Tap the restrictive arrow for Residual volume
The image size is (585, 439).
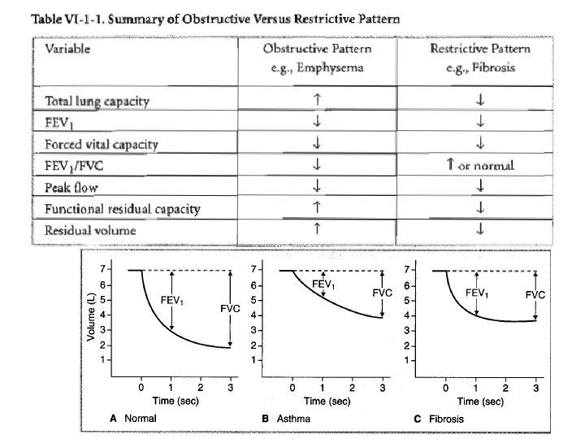coord(480,229)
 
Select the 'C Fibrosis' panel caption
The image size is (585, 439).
coord(440,419)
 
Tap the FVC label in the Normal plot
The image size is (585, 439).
coord(231,309)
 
